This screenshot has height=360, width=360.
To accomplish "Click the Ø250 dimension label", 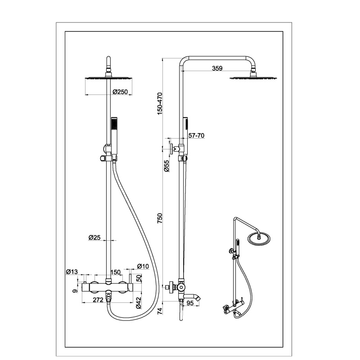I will coord(121,92).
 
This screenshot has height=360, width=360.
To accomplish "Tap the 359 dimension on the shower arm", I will coord(217,68).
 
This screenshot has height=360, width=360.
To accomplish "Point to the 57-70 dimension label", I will coord(197,135).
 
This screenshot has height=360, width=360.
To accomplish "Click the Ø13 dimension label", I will coord(72,271).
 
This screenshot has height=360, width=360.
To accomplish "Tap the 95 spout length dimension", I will coord(190,303).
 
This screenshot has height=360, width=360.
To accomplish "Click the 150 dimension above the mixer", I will coord(115,272).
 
